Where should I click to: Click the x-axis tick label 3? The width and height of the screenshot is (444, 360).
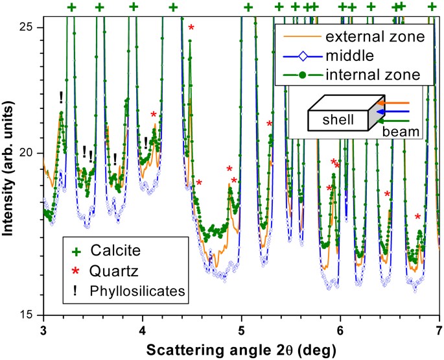coord(43,330)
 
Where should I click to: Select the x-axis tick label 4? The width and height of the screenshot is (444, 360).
coord(142,330)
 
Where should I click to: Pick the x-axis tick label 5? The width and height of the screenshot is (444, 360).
coord(241,330)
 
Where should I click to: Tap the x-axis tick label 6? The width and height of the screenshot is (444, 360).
coord(340,330)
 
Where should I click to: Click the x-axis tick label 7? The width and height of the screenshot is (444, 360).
coord(439,330)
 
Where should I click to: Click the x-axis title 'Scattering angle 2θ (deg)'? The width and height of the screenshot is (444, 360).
coord(241,350)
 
